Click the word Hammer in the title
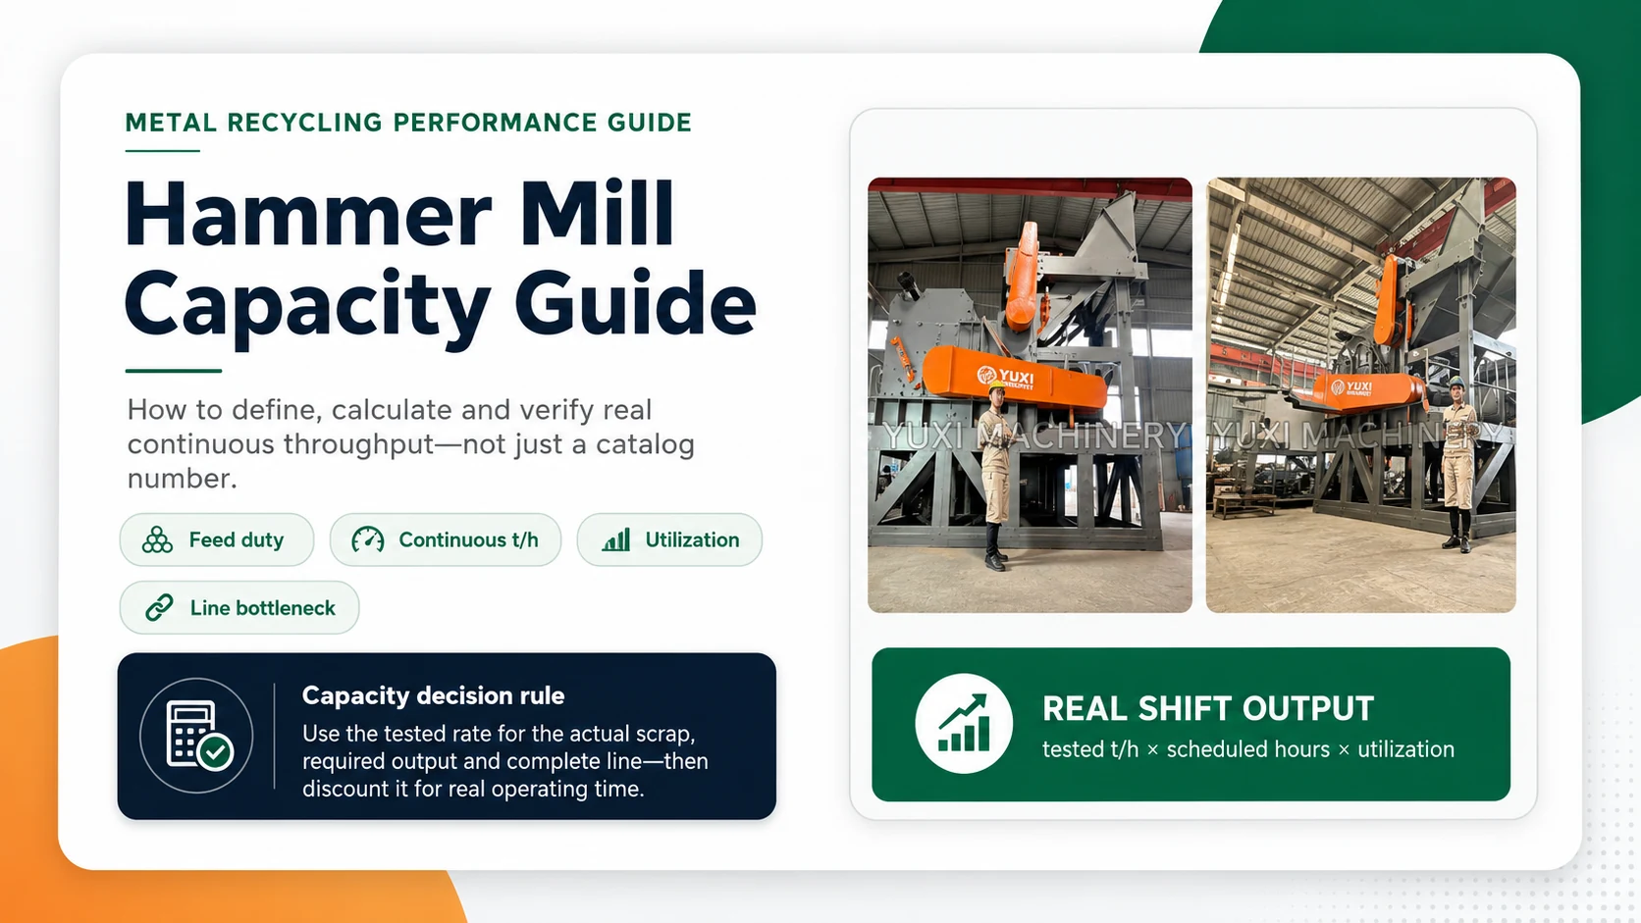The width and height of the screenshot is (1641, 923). (x=308, y=215)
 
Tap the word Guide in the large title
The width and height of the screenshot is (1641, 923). (x=635, y=301)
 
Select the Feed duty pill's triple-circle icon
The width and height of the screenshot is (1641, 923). (x=157, y=540)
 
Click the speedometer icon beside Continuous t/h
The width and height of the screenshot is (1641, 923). (x=368, y=540)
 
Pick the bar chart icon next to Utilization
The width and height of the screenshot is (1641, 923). (x=616, y=540)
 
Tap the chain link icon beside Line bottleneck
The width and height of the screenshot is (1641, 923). (x=159, y=607)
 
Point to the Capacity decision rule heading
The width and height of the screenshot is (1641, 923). (x=433, y=695)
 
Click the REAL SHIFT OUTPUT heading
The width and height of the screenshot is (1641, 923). (x=1208, y=708)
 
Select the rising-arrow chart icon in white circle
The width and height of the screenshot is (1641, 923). (x=964, y=724)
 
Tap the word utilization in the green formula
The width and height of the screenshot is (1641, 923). (x=1405, y=749)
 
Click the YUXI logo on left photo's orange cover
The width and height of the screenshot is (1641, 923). (x=1004, y=377)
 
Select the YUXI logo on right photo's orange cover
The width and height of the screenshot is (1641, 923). (x=1352, y=386)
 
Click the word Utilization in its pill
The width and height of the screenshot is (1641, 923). (x=692, y=540)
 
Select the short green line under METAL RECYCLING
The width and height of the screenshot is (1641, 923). (x=163, y=151)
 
